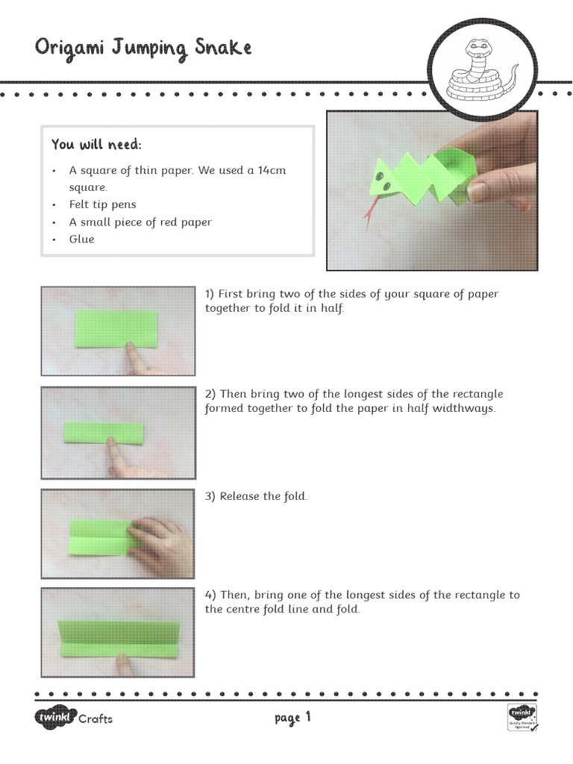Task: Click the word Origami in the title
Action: click(72, 48)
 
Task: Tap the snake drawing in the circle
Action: click(481, 71)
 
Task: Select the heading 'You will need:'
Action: click(95, 143)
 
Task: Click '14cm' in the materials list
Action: click(272, 170)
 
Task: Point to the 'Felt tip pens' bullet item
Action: click(103, 204)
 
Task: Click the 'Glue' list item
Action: click(82, 239)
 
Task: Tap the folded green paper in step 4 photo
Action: click(119, 634)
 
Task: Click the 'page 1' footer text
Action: click(292, 718)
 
